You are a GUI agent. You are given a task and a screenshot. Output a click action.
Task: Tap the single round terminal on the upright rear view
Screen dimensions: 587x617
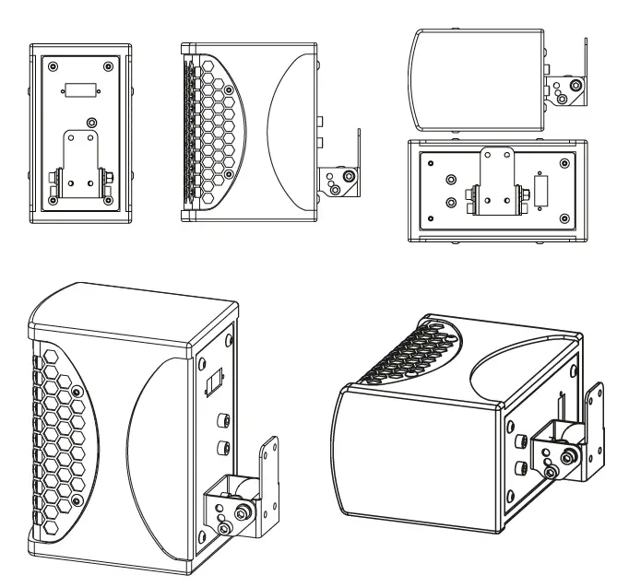pos(90,122)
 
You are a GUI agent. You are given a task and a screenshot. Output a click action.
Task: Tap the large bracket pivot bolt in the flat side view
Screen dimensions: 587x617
pos(350,177)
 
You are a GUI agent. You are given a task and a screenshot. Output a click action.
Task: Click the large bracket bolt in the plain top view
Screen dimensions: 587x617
pos(575,87)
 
